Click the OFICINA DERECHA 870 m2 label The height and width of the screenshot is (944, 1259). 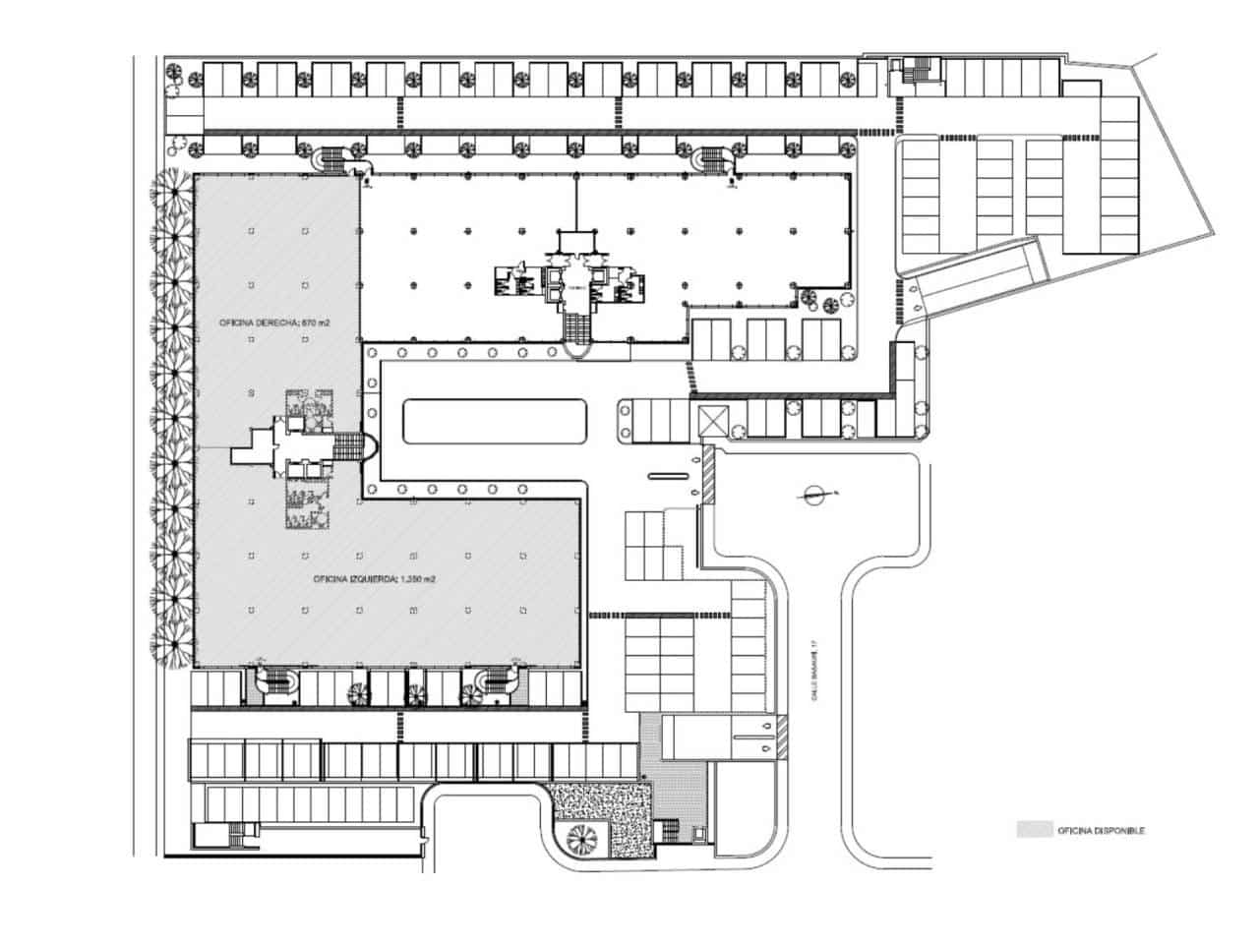(x=257, y=324)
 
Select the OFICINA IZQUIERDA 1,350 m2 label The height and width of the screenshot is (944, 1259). (x=374, y=580)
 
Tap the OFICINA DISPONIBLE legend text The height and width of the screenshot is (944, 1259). (x=1101, y=831)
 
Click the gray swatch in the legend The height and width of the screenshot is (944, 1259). (x=1033, y=830)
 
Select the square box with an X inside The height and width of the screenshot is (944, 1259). (x=711, y=421)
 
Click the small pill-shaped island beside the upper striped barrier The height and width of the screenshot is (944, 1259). (x=666, y=477)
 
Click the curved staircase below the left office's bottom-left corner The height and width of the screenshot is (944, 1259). (x=276, y=682)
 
